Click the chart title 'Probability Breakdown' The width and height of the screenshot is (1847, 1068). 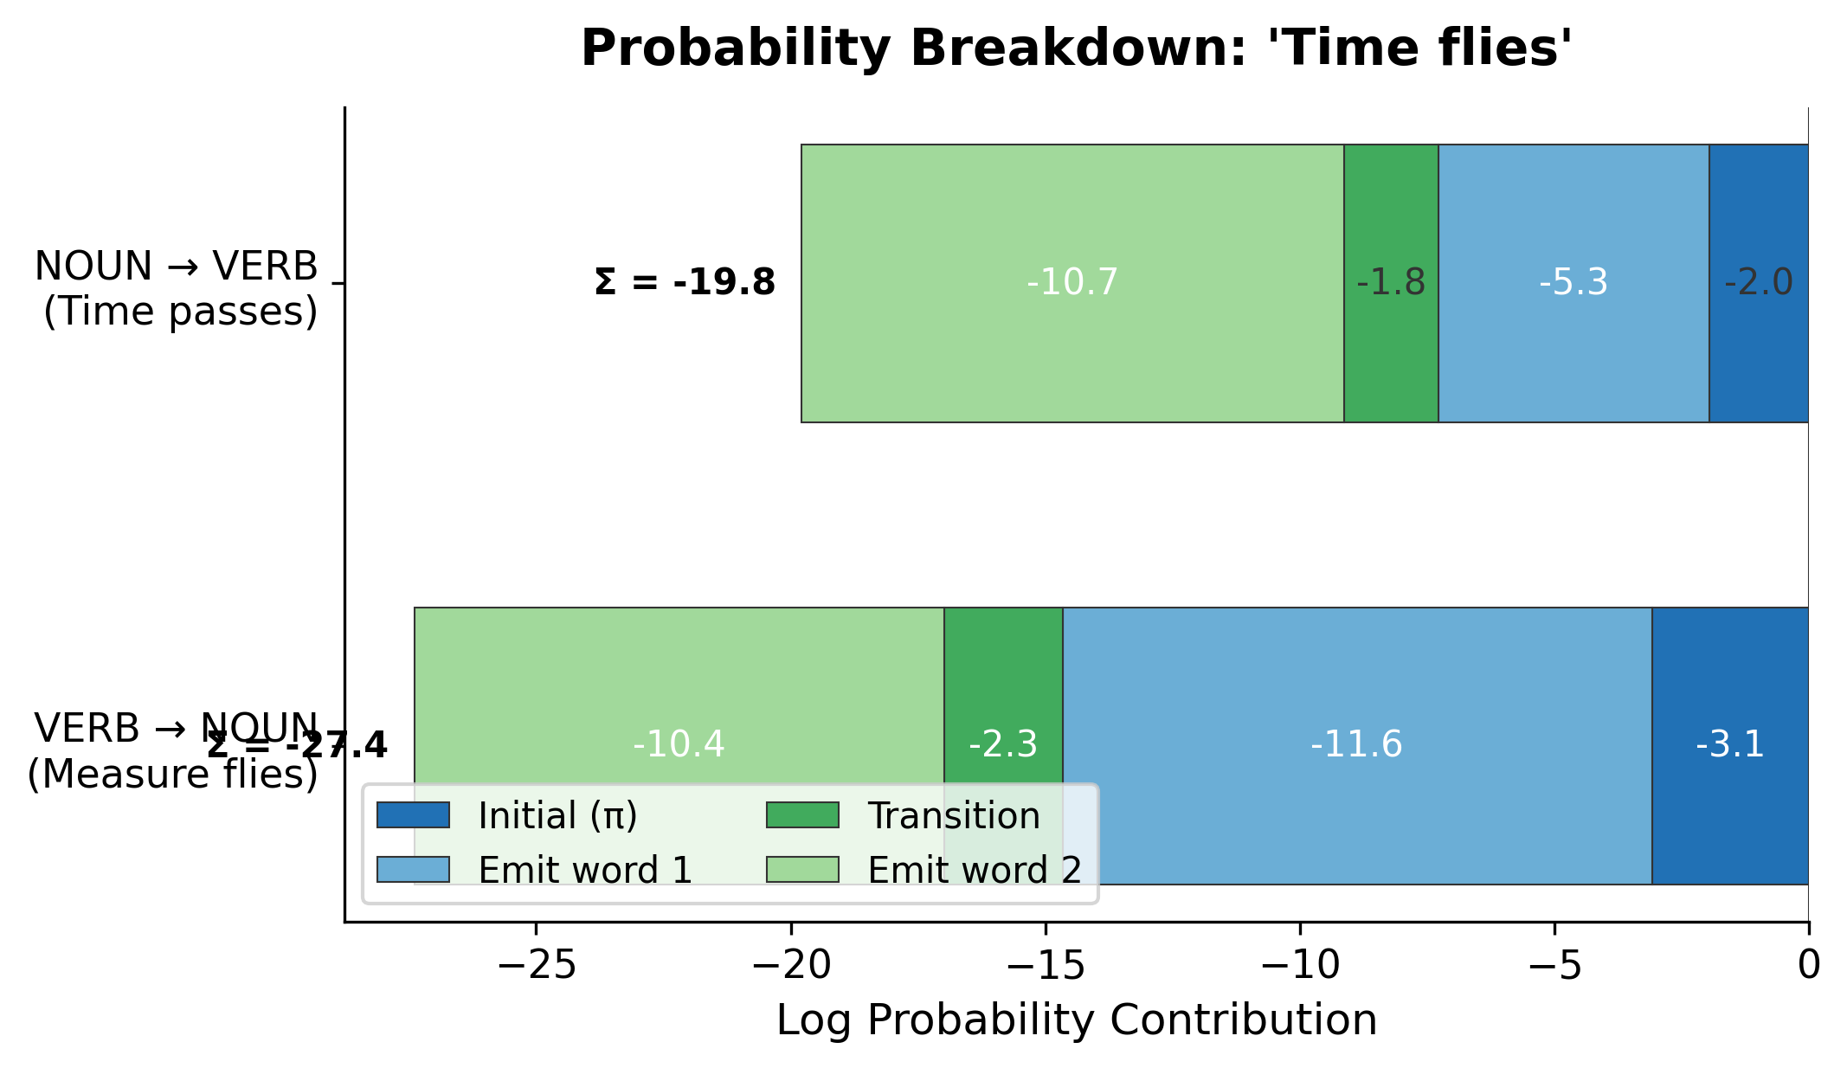click(x=1076, y=48)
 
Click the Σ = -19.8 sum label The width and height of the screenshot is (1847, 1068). click(x=685, y=283)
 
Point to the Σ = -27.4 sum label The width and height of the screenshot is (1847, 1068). click(x=296, y=745)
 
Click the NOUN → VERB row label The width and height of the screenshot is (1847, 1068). click(x=176, y=267)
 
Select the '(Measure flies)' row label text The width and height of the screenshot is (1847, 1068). click(x=173, y=774)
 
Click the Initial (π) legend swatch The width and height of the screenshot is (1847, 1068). click(x=413, y=815)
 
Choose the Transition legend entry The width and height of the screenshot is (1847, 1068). click(x=953, y=816)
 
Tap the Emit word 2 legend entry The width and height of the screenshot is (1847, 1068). click(x=974, y=871)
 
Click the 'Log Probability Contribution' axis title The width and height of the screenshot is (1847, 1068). click(x=1076, y=1020)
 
